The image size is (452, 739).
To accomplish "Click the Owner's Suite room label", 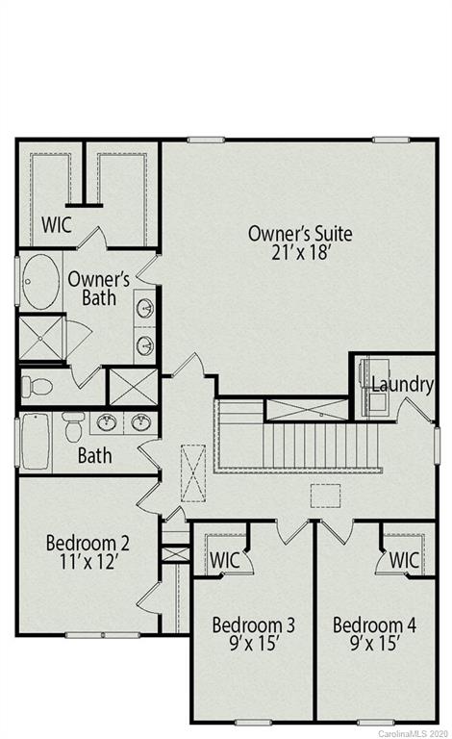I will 300,234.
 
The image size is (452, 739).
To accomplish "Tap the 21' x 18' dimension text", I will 300,253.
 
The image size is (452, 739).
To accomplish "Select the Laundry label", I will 402,385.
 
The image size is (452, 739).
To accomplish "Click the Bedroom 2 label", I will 88,544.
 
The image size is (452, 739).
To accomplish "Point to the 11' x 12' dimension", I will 88,565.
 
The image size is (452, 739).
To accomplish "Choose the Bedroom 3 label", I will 253,625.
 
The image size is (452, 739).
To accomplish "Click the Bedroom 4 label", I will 374,625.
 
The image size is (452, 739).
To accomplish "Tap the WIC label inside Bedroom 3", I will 224,559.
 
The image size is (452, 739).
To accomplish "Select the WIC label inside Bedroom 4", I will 404,559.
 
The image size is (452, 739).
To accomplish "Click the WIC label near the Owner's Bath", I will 56,224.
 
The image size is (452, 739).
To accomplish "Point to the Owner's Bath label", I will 92,289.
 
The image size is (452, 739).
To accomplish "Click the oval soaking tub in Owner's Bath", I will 40,281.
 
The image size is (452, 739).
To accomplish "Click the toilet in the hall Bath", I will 73,424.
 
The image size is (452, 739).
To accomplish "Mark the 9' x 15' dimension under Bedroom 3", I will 253,646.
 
